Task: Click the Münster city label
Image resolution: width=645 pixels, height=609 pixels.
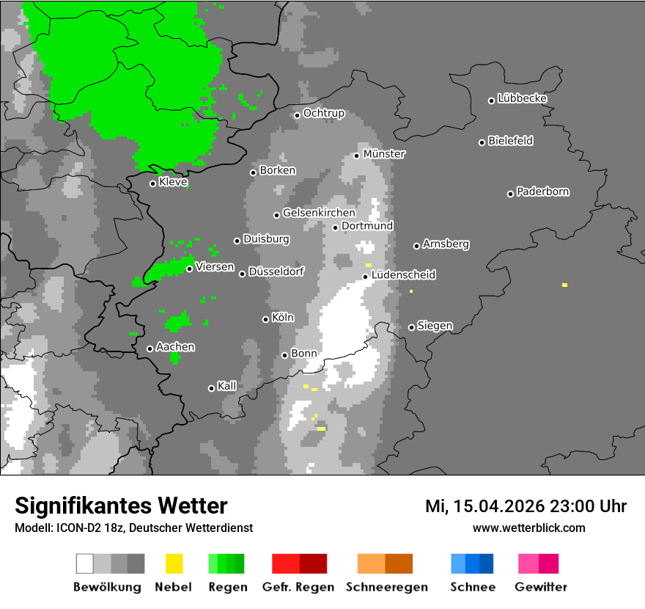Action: click(384, 154)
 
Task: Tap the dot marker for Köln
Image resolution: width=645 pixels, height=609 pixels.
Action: click(266, 319)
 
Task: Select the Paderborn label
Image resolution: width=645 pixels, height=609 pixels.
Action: click(543, 192)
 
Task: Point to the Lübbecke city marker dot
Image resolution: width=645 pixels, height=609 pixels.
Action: click(492, 101)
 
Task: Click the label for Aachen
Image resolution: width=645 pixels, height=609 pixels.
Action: click(175, 346)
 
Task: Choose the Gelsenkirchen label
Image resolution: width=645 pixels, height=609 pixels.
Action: click(319, 213)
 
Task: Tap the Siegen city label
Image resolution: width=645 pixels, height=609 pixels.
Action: click(435, 325)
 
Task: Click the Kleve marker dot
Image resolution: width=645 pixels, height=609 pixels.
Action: click(153, 183)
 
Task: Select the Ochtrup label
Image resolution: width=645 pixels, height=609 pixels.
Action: click(324, 113)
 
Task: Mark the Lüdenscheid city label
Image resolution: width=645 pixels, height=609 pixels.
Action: click(403, 274)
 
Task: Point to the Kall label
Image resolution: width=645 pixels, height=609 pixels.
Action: click(227, 385)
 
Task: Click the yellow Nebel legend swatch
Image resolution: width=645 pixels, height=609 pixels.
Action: click(174, 564)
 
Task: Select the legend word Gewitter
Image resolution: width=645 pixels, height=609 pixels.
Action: click(541, 587)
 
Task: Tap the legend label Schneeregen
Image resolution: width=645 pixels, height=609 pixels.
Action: click(385, 587)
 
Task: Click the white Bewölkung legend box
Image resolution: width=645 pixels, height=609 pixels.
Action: click(85, 564)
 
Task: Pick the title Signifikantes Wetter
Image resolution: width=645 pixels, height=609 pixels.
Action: click(122, 506)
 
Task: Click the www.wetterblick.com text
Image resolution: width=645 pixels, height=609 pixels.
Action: click(529, 528)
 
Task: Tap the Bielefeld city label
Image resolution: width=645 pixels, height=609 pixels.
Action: click(511, 140)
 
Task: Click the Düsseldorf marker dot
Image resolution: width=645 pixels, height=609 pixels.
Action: click(243, 274)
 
